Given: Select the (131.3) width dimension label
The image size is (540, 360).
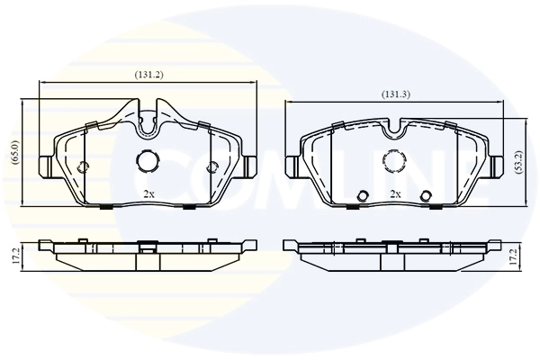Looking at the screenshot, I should coord(396,94).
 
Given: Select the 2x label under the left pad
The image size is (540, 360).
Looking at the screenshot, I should coord(149,193).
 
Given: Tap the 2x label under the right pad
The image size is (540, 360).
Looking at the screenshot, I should coord(394,193).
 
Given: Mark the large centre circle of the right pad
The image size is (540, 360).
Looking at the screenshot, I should coord(394,160).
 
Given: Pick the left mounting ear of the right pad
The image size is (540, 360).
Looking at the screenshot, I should coord(292,166).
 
